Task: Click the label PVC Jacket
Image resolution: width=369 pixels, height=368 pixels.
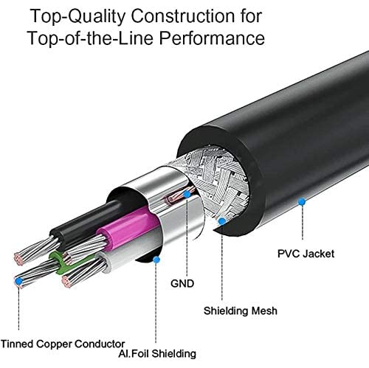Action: [305, 254]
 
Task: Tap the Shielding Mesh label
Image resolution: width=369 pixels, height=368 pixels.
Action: [240, 310]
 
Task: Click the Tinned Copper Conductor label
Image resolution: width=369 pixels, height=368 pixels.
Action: [62, 342]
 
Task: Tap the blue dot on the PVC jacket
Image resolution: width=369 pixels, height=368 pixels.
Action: [301, 200]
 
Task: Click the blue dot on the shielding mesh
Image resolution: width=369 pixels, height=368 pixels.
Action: [222, 220]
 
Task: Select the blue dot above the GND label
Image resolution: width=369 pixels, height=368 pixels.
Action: [187, 195]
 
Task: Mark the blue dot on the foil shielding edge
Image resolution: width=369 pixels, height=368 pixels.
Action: [156, 258]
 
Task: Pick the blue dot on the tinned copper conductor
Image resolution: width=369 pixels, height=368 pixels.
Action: [18, 281]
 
